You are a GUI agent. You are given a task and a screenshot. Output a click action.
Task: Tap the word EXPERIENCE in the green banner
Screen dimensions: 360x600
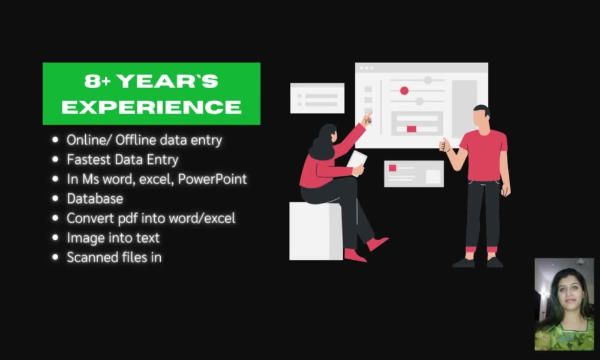click(151, 107)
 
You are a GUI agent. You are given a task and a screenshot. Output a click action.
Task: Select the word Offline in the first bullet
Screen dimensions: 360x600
click(136, 140)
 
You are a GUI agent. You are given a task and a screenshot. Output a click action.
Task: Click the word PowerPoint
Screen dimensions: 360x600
click(212, 179)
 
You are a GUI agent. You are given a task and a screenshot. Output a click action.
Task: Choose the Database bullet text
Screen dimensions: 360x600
click(95, 199)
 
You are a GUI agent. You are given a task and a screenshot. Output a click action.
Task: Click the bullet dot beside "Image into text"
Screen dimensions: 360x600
click(56, 238)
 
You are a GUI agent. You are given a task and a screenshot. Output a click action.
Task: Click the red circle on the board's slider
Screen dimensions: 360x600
click(404, 91)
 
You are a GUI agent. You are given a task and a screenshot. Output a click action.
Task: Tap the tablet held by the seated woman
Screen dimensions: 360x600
click(356, 160)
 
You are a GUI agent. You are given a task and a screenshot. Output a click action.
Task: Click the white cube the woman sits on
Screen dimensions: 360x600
click(315, 231)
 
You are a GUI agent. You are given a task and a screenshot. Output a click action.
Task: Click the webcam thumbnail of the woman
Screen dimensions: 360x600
click(563, 304)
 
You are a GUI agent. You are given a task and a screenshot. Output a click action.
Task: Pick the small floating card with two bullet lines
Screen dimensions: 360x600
click(317, 98)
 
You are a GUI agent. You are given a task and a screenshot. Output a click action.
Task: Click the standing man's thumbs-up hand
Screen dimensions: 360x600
click(445, 145)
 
